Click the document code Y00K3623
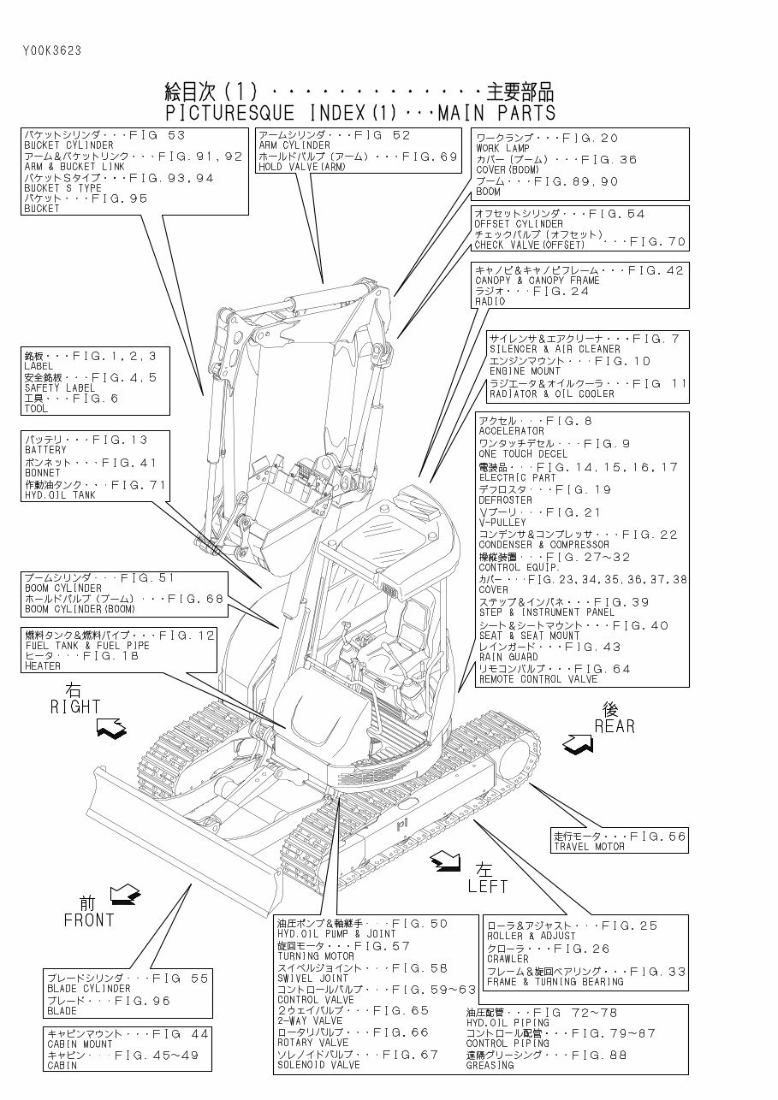(52, 50)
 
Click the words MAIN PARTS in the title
(496, 113)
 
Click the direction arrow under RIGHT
(113, 730)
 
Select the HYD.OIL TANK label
(60, 495)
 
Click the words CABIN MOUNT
(80, 1044)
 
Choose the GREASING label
(490, 1066)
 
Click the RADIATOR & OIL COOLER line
(551, 394)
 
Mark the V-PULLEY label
(502, 523)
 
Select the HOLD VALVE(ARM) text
(301, 168)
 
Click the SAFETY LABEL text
(54, 387)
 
